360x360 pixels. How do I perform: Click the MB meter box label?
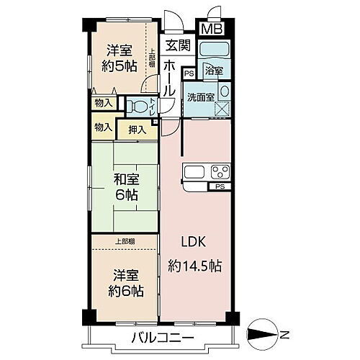(212, 30)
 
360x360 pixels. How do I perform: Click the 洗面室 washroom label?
(200, 96)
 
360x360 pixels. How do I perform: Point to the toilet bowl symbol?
(137, 107)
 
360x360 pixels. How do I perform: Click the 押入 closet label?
(138, 130)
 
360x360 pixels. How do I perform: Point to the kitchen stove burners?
(219, 174)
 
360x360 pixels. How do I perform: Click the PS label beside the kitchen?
(219, 187)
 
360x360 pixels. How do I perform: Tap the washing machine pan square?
(220, 108)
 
